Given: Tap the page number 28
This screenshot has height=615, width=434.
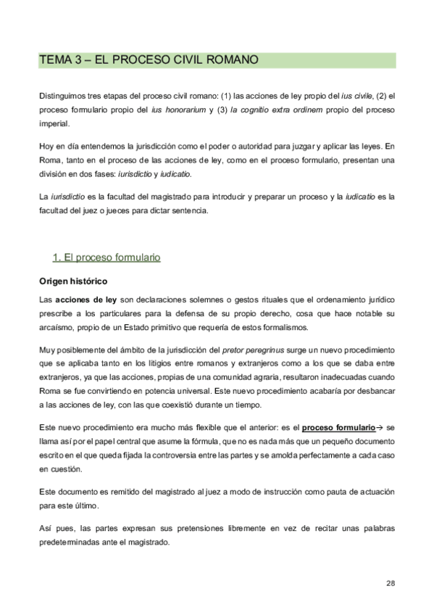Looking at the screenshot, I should (x=390, y=583).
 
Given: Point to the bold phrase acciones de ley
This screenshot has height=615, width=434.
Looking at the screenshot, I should (x=86, y=299).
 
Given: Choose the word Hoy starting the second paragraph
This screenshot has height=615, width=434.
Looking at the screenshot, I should (x=46, y=146).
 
